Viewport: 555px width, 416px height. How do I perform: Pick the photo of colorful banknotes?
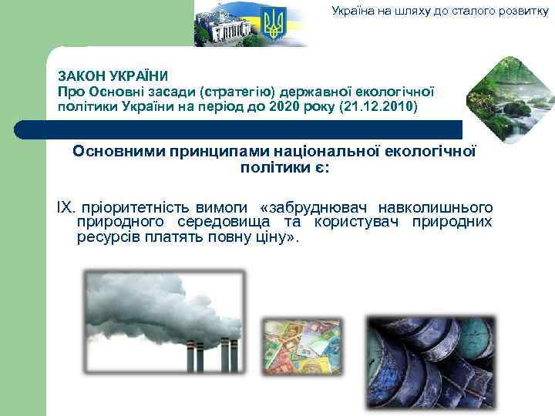pyautogui.click(x=302, y=347)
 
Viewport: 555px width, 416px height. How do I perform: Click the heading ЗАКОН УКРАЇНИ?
pyautogui.click(x=113, y=77)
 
